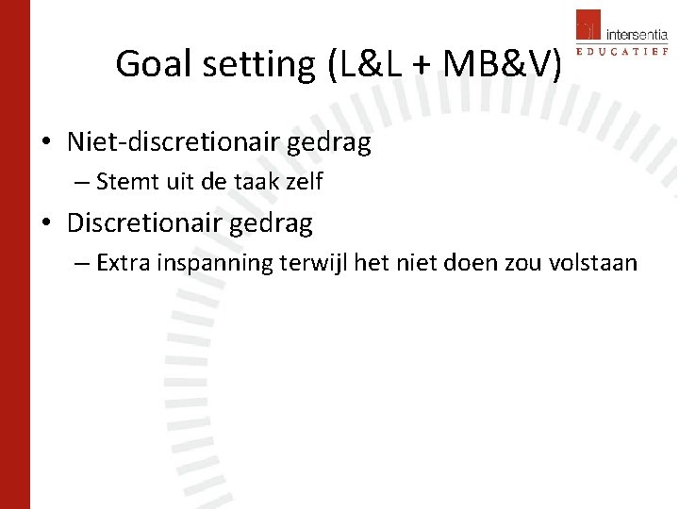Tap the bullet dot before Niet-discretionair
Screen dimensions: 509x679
(45, 144)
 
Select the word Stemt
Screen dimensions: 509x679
(125, 182)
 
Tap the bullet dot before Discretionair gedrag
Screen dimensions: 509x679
(45, 224)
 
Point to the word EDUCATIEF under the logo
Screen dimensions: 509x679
(621, 55)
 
